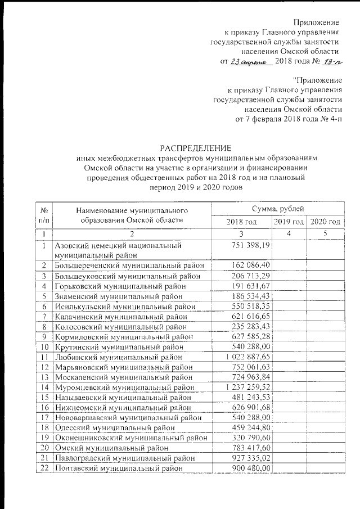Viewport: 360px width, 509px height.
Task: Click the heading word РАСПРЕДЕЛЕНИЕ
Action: coord(195,148)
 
